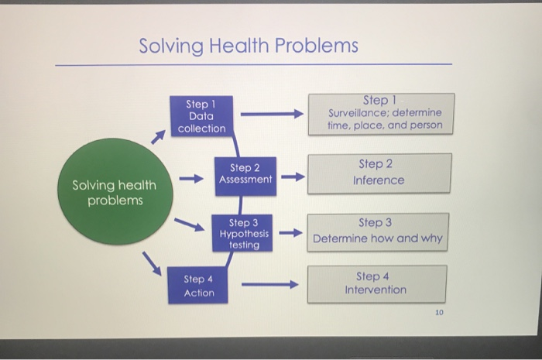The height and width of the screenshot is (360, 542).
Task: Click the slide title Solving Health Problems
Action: [249, 46]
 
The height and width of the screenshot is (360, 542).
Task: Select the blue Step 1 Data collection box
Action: [201, 116]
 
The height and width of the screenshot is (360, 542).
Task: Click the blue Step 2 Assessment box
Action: [245, 173]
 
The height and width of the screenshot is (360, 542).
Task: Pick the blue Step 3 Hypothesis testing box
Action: [244, 233]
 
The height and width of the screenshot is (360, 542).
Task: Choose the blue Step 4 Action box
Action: [199, 286]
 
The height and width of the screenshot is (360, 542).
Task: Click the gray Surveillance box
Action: [381, 113]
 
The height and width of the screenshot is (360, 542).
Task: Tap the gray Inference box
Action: [379, 173]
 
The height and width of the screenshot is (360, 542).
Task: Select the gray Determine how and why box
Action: [379, 231]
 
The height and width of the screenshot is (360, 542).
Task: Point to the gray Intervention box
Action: [376, 283]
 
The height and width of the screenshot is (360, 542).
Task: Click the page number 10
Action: [439, 314]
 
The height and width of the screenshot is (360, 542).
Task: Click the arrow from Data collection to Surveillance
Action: [270, 115]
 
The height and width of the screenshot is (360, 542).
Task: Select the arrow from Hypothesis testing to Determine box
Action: [290, 233]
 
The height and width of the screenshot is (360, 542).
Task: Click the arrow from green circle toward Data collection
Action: [158, 137]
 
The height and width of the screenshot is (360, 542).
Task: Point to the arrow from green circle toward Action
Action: [152, 264]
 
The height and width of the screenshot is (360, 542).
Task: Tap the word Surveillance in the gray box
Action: [356, 113]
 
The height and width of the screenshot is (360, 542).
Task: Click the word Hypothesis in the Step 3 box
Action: [245, 233]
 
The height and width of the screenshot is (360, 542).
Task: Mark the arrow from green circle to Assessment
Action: [191, 177]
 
